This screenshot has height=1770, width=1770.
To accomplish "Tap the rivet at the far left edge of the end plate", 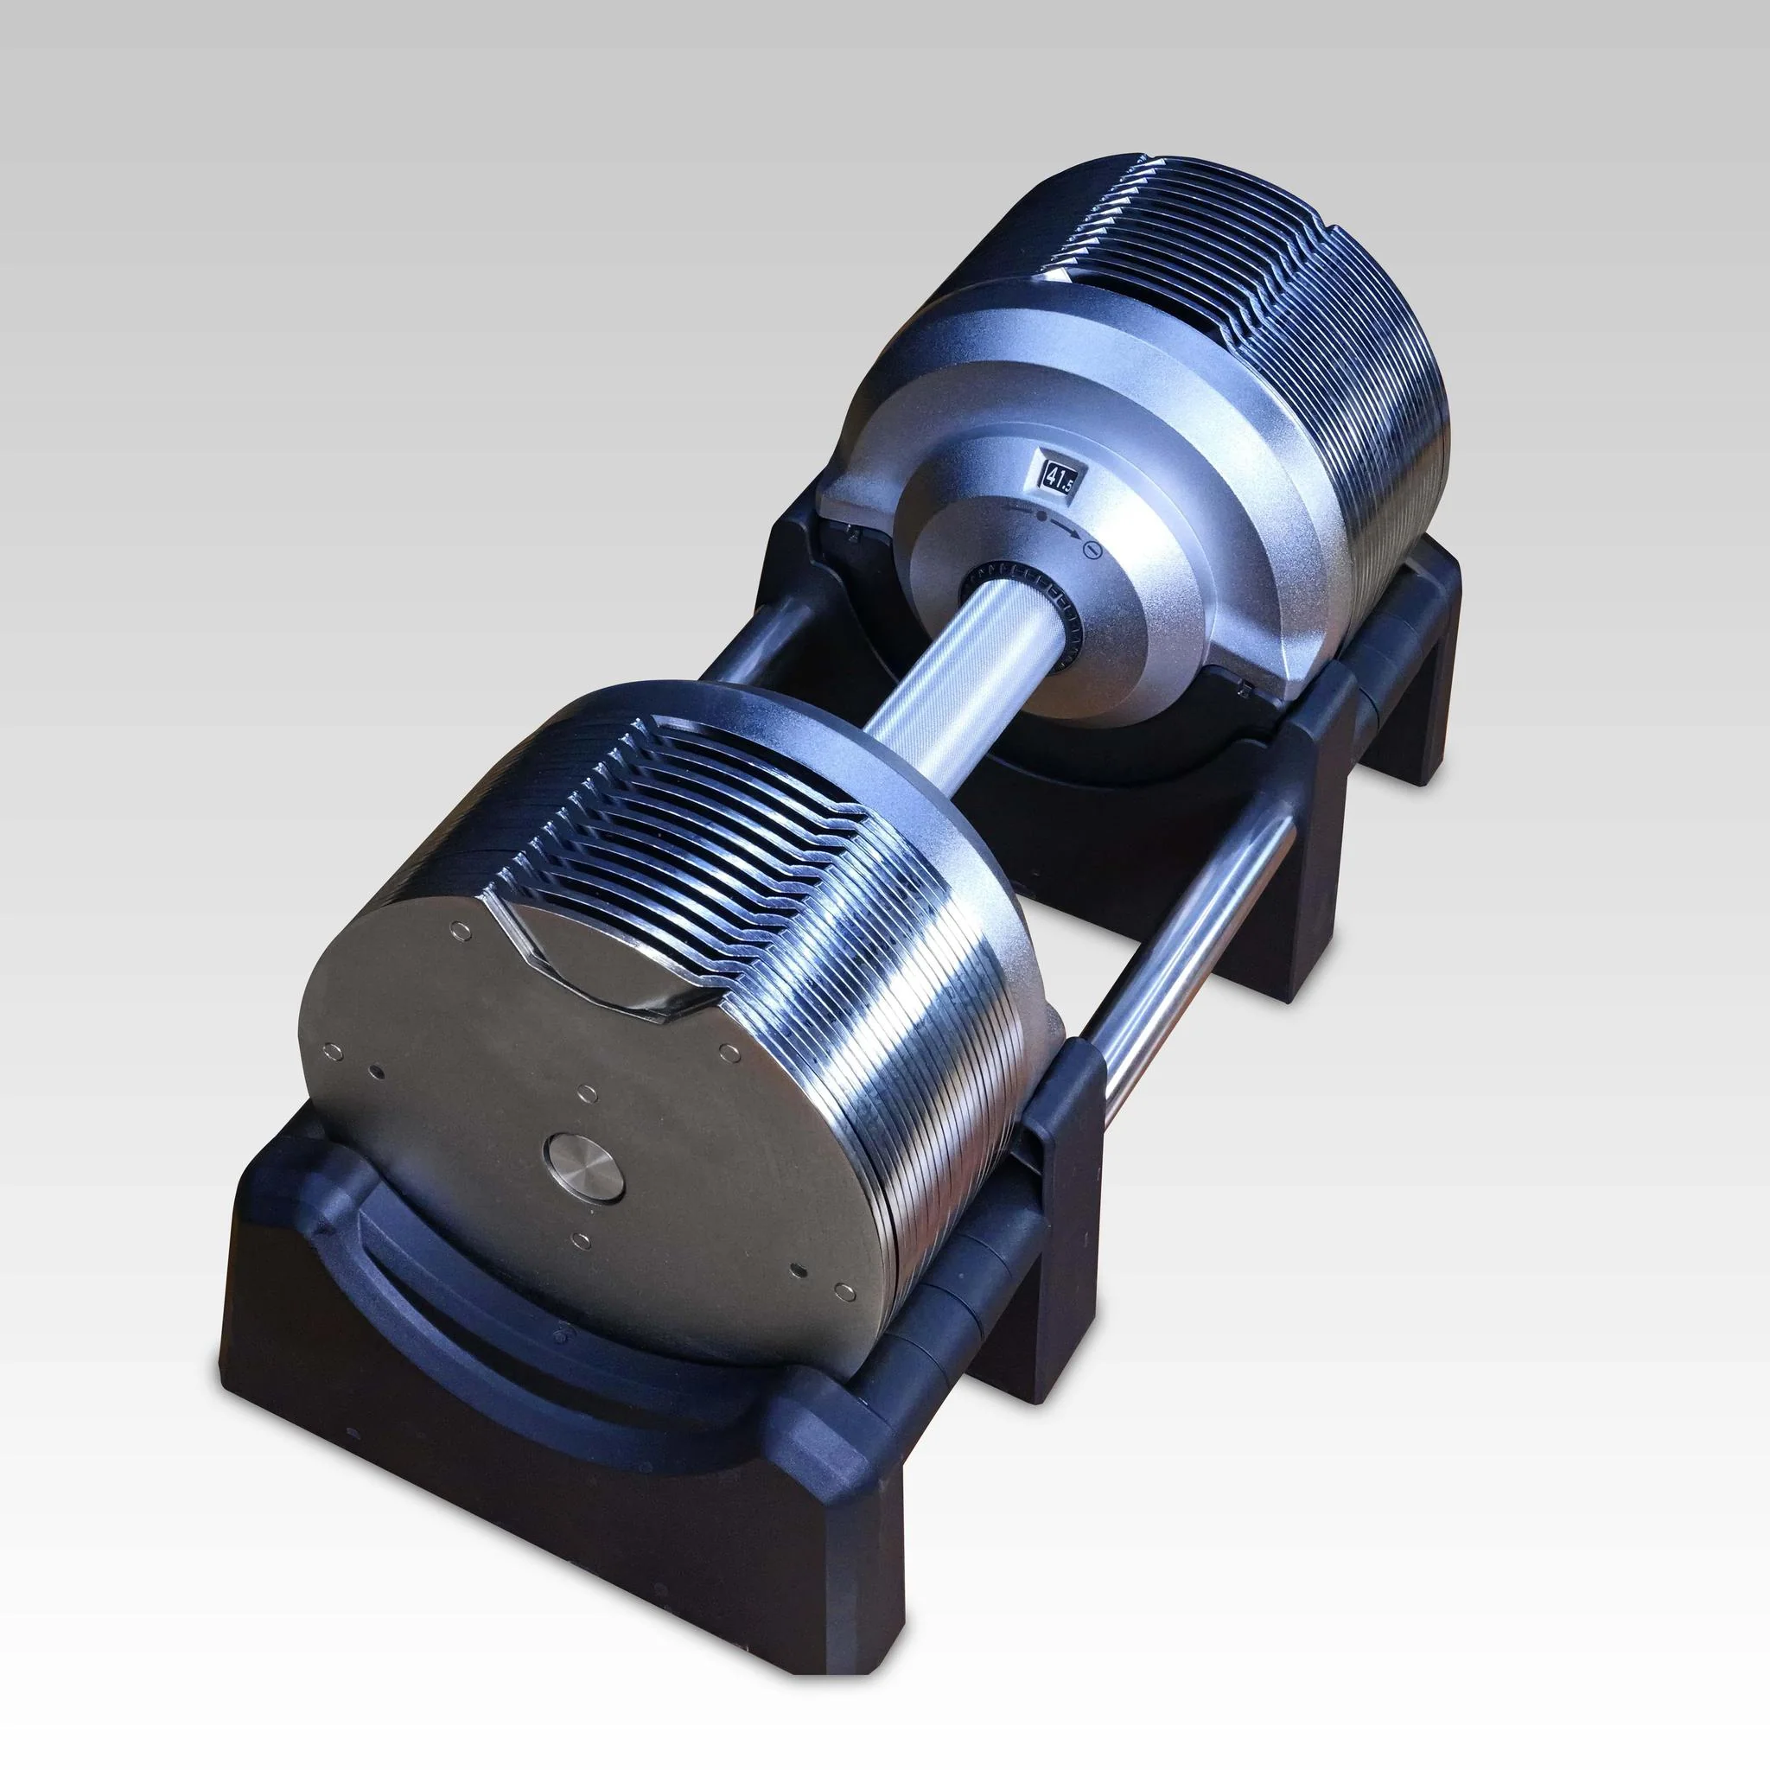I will click(x=334, y=1051).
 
